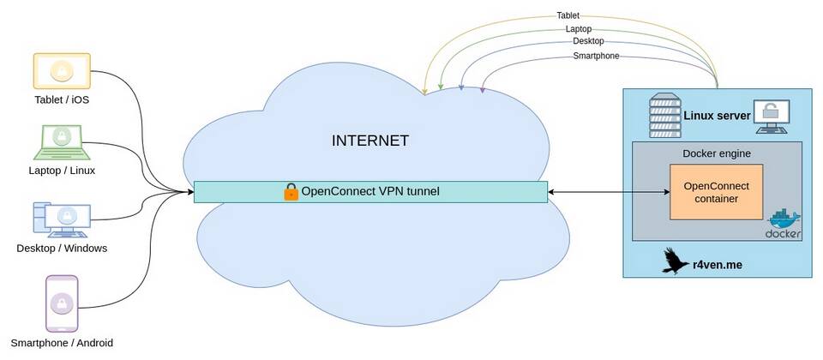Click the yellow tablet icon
(x=62, y=71)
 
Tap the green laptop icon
(x=62, y=142)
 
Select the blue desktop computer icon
(x=62, y=219)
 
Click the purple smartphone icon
(x=62, y=303)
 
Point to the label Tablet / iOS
(x=62, y=99)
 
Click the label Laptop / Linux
(x=62, y=171)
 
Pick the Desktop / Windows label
(x=62, y=248)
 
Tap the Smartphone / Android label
(x=62, y=343)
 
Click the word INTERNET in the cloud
(x=370, y=141)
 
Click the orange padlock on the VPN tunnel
(x=291, y=191)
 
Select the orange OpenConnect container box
(x=717, y=192)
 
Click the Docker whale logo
(x=784, y=224)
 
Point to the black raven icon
(x=675, y=261)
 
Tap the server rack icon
(x=664, y=116)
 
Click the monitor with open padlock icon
(x=772, y=117)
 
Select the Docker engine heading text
(x=717, y=153)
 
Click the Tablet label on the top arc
(x=568, y=15)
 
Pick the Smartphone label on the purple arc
(x=597, y=56)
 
